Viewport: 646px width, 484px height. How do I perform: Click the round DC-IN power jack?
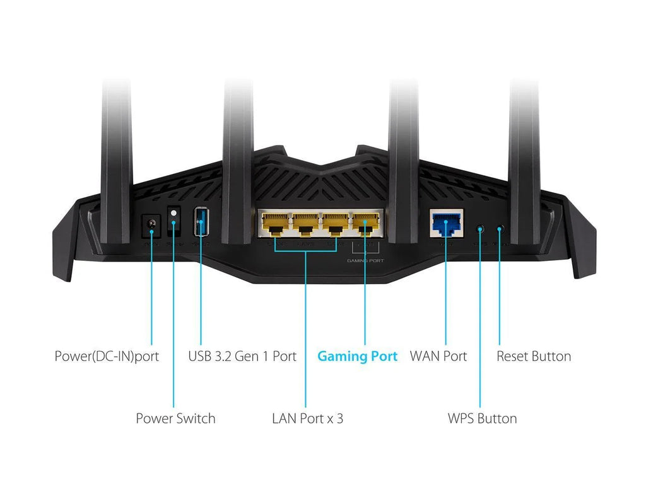(x=151, y=224)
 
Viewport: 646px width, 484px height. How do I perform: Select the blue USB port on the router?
(x=201, y=222)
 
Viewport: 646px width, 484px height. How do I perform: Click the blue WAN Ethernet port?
(x=445, y=223)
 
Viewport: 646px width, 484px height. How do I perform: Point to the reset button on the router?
(x=500, y=229)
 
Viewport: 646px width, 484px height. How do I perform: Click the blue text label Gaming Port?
(x=357, y=356)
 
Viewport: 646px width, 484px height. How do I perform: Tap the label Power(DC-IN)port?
(x=107, y=356)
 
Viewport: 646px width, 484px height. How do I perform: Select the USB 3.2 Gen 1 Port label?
(x=242, y=356)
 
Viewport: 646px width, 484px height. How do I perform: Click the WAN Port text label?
(x=438, y=356)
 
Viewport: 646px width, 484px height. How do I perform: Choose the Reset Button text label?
(x=534, y=356)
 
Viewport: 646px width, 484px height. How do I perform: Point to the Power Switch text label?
(x=175, y=418)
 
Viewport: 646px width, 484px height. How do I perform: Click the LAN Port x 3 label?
(x=308, y=418)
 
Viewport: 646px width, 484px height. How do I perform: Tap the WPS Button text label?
(x=482, y=418)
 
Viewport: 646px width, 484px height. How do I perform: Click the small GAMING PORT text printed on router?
(x=365, y=260)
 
